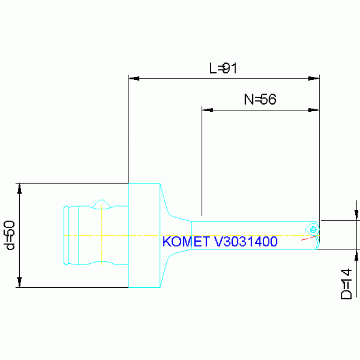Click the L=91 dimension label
tap(222, 68)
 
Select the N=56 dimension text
tap(260, 99)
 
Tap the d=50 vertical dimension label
tap(9, 235)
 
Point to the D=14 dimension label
tap(346, 284)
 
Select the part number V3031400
tap(246, 242)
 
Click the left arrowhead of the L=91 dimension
tap(134, 78)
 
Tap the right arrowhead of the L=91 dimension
tap(314, 78)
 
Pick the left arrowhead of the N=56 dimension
tap(207, 110)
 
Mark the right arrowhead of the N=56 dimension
tap(314, 110)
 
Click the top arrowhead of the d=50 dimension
tap(20, 189)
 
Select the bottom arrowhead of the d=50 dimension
tap(20, 282)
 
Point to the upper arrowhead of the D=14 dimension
tap(356, 215)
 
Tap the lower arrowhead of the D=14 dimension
tap(356, 255)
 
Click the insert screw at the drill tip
tap(313, 230)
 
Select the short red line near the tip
tap(308, 238)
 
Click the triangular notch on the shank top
tap(101, 204)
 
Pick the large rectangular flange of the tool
tap(144, 235)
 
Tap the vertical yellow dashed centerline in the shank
tap(101, 235)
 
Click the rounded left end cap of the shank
tap(66, 235)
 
